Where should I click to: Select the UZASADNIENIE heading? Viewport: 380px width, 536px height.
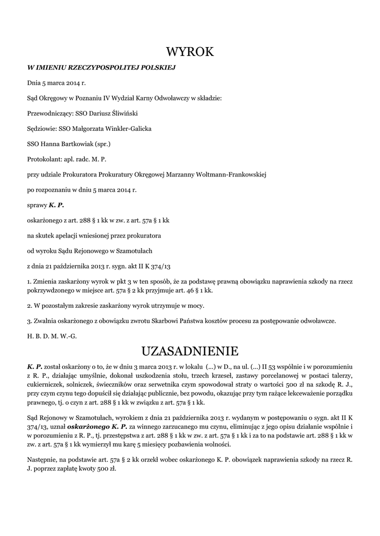[x=190, y=350]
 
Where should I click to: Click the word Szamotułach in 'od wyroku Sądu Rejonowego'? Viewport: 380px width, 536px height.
[x=135, y=250]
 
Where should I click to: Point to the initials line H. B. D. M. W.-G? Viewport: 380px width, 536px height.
[x=52, y=336]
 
